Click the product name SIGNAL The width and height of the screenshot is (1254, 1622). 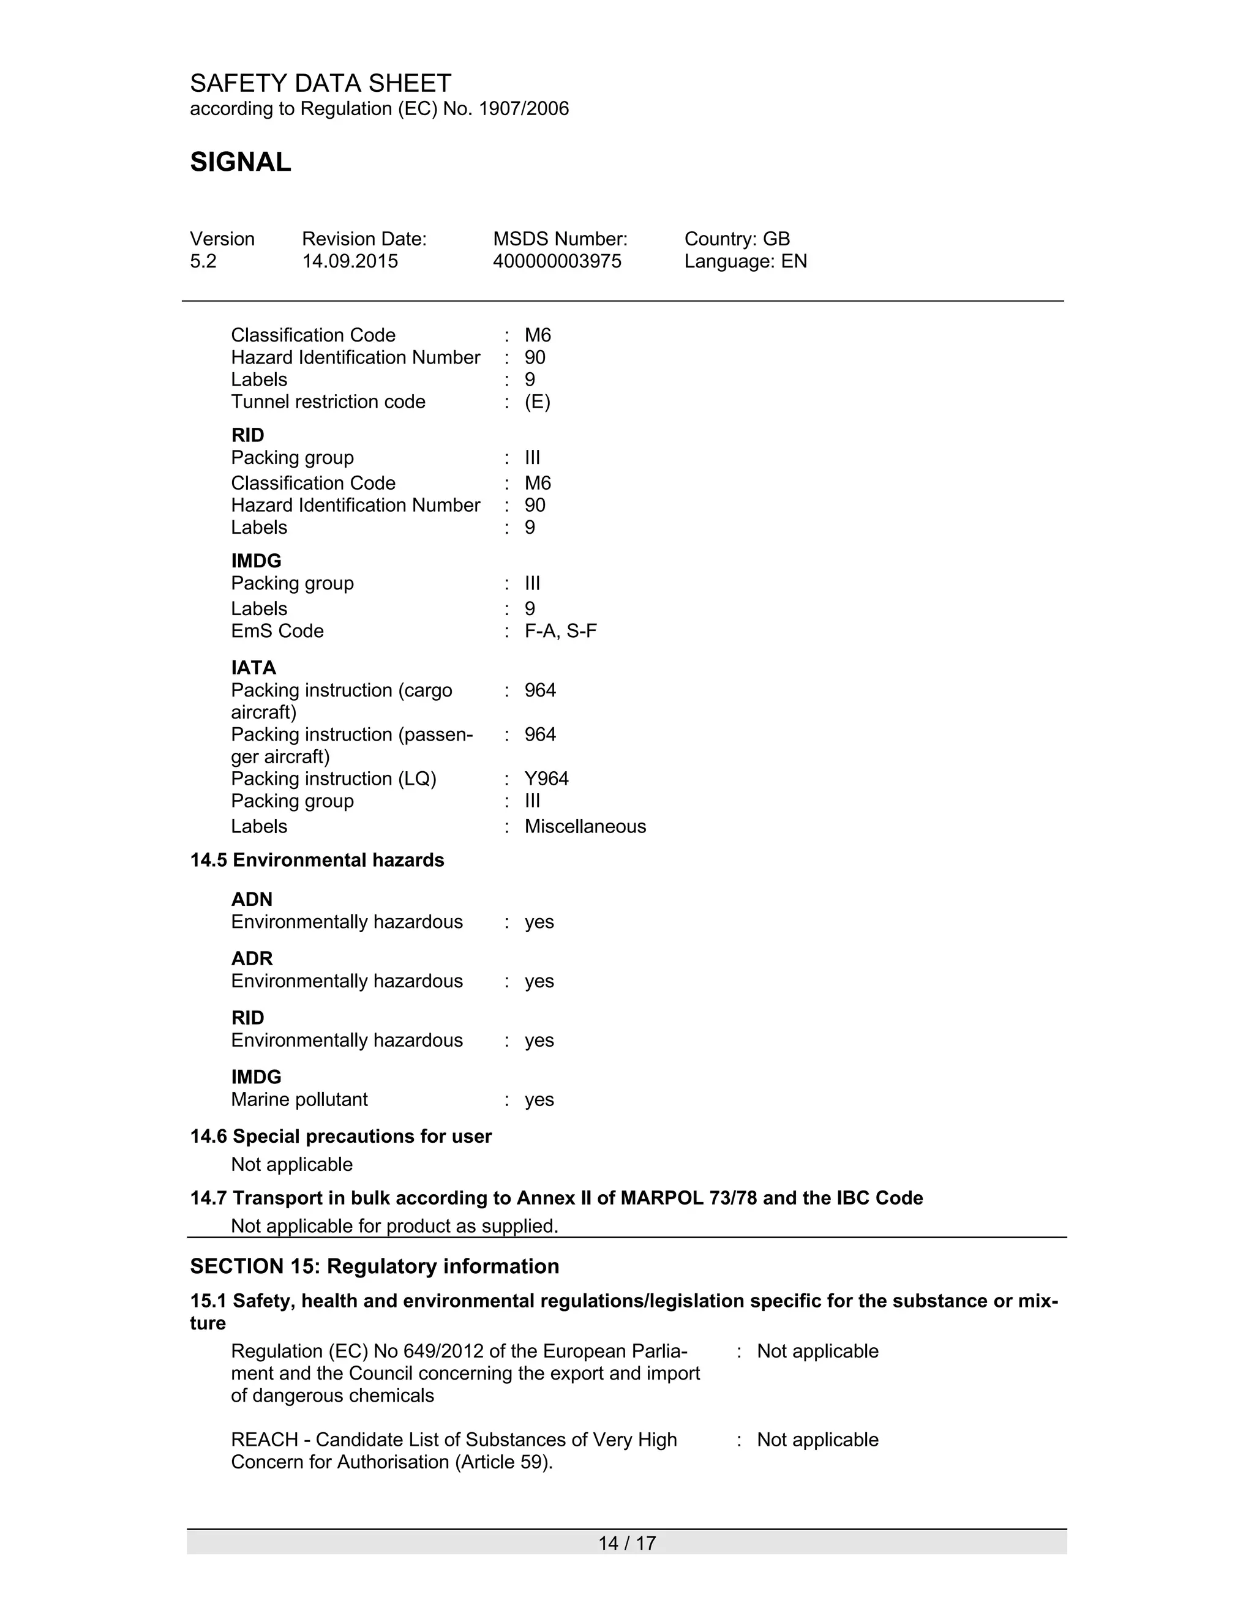tap(240, 162)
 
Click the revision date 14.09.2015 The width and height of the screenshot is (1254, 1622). tap(349, 261)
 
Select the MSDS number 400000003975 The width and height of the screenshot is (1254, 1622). tap(557, 261)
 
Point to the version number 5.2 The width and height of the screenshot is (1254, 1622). tap(203, 261)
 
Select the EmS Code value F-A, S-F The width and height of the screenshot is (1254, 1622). tap(560, 631)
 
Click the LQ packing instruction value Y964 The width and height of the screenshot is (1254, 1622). tap(546, 779)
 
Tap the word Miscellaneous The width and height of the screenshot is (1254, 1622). tap(585, 826)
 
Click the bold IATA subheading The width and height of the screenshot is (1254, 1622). tap(253, 668)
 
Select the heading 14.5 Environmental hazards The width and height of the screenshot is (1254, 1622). tap(317, 860)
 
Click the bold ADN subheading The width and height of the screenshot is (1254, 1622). tap(252, 899)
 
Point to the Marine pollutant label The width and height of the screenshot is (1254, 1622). tap(299, 1099)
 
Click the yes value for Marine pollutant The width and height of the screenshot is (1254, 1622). tap(539, 1099)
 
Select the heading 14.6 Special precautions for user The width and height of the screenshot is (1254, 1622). tap(341, 1136)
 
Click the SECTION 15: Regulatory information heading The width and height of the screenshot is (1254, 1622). tap(374, 1266)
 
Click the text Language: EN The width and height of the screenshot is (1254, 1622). tap(745, 261)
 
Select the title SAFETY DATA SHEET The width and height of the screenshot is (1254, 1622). tap(320, 83)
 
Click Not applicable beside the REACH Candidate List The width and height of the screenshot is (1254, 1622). tap(817, 1440)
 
